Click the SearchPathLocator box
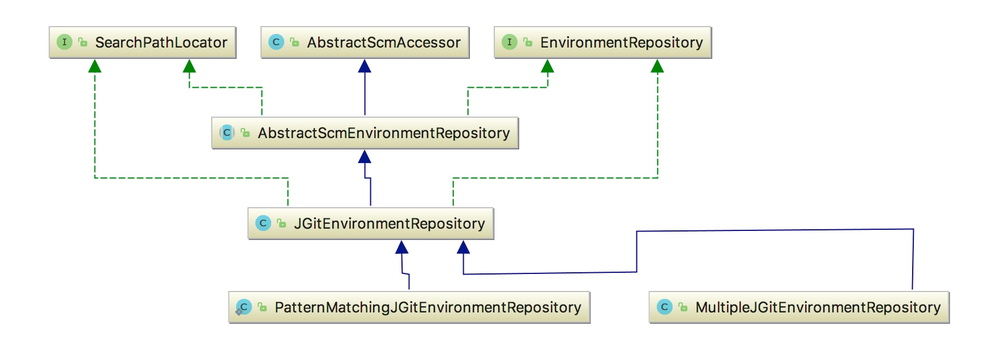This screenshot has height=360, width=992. (143, 42)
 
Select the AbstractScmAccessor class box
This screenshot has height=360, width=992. (365, 42)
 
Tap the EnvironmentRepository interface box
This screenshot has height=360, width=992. (603, 42)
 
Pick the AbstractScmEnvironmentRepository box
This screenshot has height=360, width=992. (365, 133)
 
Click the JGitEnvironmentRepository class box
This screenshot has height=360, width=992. (371, 224)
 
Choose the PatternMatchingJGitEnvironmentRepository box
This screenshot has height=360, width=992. (409, 307)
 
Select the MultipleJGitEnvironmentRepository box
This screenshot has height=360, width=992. (799, 307)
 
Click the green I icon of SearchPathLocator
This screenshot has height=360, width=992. (65, 42)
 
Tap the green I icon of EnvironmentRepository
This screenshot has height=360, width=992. (510, 42)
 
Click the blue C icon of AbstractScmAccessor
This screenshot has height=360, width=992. (276, 42)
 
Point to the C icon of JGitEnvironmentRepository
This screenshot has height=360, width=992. (263, 223)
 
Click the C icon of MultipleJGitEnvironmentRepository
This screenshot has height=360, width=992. (665, 307)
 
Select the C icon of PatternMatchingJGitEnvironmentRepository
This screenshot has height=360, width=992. (243, 307)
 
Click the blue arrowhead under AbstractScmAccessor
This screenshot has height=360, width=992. (365, 66)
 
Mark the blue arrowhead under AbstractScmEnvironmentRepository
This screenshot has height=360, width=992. (365, 157)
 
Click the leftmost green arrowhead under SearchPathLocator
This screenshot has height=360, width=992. (95, 66)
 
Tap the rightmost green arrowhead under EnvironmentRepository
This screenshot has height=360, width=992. (657, 66)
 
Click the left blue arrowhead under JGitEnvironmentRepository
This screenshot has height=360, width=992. (402, 247)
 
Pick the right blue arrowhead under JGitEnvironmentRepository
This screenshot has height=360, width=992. (463, 247)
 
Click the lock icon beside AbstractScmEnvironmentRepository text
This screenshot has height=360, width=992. (245, 133)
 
